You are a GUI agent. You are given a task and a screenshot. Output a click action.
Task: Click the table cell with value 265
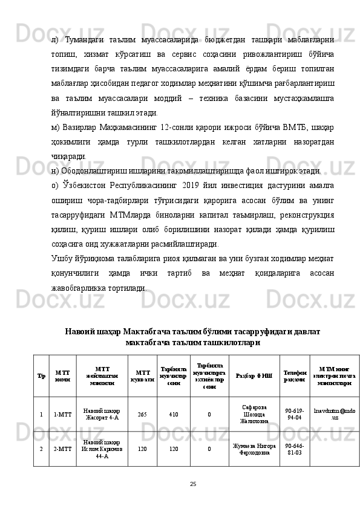tap(142, 415)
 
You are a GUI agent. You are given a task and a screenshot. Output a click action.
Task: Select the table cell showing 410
tap(174, 415)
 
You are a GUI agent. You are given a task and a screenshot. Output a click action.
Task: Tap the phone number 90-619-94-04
tap(294, 415)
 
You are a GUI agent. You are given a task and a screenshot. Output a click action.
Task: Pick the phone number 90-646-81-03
tap(294, 449)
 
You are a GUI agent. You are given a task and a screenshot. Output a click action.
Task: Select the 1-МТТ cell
tap(64, 415)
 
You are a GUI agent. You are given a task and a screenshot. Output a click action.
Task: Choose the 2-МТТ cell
tap(64, 449)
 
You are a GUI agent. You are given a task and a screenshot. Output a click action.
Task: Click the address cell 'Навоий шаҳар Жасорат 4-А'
tap(102, 415)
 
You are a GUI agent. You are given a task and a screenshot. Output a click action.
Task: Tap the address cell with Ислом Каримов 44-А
tap(102, 449)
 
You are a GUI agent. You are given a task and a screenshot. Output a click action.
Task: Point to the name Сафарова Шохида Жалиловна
tap(254, 415)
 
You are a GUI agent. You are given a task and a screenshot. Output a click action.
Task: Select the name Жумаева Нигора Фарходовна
tap(254, 449)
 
